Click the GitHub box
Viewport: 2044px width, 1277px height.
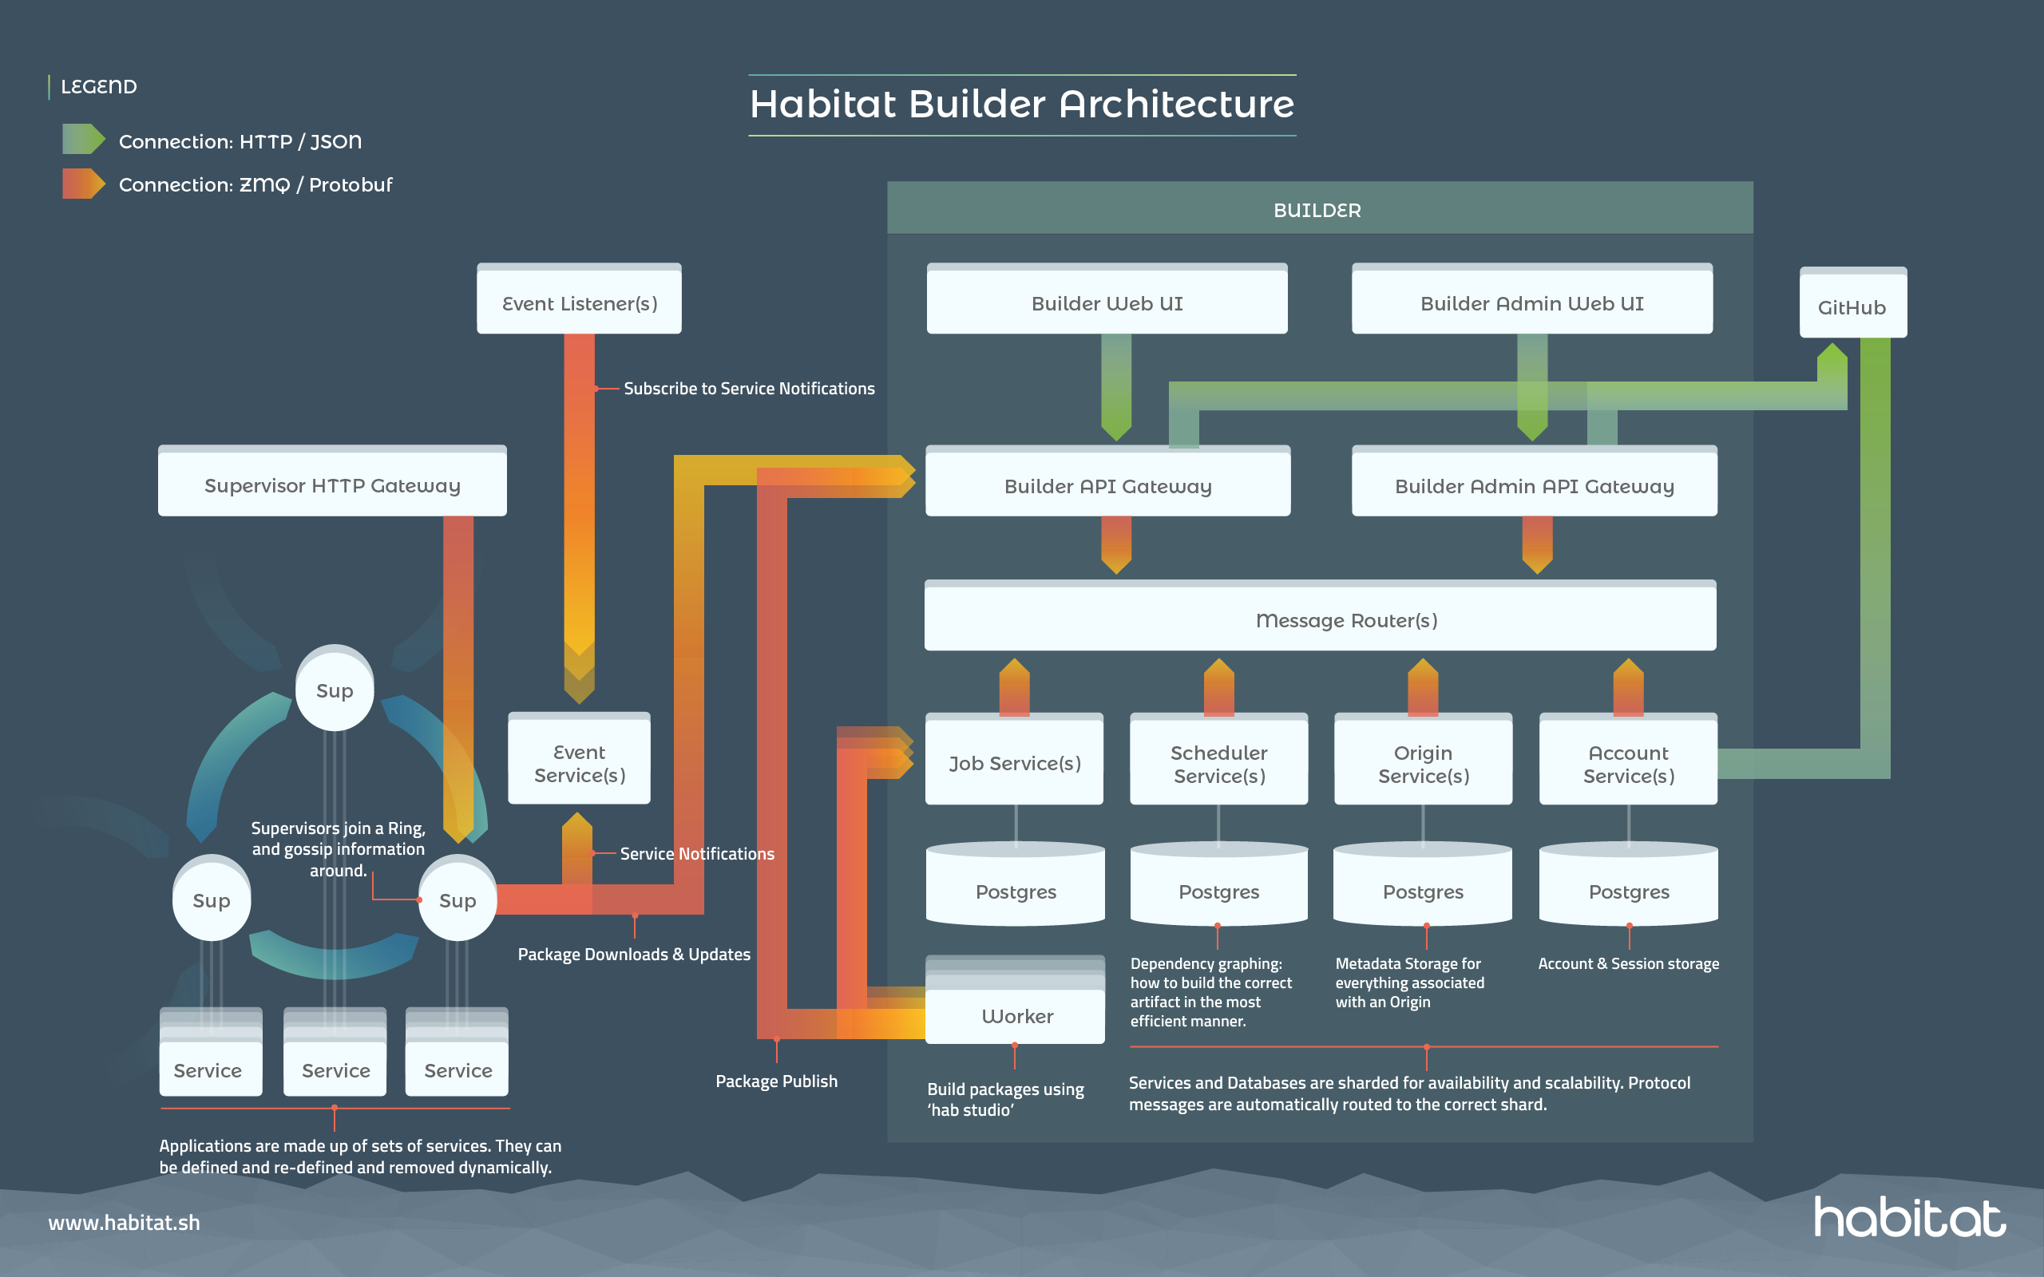coord(1852,305)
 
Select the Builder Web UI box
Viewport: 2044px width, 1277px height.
coord(1107,302)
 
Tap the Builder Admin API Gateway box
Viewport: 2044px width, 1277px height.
coord(1534,484)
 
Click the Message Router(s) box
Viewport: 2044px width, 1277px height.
coord(1319,619)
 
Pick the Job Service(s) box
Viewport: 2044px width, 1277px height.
coord(1013,761)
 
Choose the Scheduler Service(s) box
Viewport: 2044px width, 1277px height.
coord(1218,761)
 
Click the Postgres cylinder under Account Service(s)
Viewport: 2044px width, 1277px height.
coord(1629,888)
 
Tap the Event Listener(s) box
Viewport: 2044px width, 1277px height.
coord(579,302)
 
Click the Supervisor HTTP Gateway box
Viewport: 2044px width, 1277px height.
coord(332,484)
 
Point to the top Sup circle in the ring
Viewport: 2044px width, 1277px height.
coord(335,689)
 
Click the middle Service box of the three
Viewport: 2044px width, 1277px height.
coord(335,1068)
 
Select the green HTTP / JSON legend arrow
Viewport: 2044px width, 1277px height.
coord(83,140)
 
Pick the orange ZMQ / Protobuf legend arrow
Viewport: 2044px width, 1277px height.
coord(83,184)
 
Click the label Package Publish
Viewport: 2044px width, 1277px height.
coord(776,1080)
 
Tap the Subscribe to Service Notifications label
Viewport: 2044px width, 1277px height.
coord(748,389)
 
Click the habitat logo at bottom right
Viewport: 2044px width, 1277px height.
coord(1909,1217)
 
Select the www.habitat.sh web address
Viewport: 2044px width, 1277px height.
coord(125,1222)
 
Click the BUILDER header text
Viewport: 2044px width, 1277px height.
coord(1317,210)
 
